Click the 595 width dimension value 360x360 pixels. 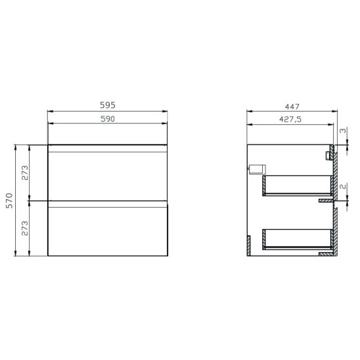coord(108,105)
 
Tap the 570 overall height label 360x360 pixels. coord(9,200)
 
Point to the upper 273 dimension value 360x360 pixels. coord(24,173)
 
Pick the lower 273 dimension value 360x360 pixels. coord(24,229)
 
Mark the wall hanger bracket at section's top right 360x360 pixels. coord(330,154)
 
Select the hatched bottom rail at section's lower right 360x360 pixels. coord(325,254)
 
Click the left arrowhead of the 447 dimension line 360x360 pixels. coord(248,111)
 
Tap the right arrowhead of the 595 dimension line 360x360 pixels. coord(166,111)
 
